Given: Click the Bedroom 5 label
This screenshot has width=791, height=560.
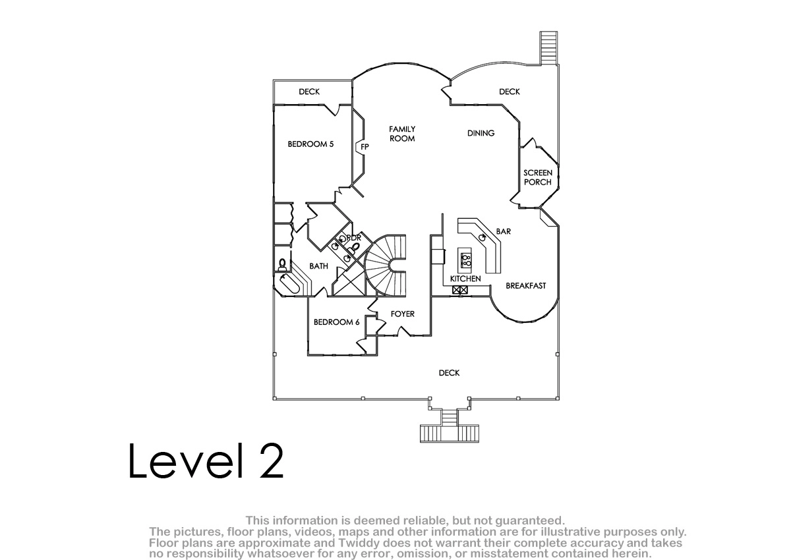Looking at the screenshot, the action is (x=310, y=144).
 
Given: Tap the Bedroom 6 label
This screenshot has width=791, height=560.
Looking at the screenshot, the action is (x=337, y=322).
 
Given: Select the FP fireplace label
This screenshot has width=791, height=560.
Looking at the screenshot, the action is (x=365, y=147).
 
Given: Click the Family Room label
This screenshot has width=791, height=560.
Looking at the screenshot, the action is (x=402, y=134).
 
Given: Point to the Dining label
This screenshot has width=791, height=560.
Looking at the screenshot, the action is (x=481, y=133).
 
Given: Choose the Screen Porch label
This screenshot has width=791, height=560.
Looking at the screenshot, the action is (x=538, y=177).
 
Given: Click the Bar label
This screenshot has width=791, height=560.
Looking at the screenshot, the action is (x=503, y=231).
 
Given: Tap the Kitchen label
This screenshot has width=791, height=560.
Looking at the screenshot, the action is (x=465, y=279).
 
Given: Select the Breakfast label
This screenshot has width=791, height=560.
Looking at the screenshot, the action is (x=526, y=285).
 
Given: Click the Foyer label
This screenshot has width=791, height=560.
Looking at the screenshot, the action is (x=403, y=314).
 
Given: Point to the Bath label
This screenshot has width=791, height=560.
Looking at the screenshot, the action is (x=318, y=266).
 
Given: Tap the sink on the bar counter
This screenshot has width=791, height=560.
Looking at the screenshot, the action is (x=483, y=237).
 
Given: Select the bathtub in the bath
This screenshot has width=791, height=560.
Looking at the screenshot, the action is (x=289, y=285).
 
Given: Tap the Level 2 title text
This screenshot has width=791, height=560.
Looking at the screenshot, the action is (x=206, y=461).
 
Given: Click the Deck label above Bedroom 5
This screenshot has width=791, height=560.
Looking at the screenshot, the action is (x=309, y=92).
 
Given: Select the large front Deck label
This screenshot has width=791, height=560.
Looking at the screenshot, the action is (x=449, y=373).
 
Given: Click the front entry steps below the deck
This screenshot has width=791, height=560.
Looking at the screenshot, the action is (x=449, y=426).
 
